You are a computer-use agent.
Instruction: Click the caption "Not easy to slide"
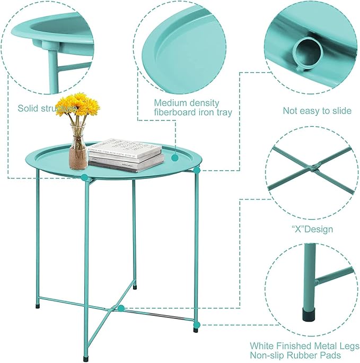317,111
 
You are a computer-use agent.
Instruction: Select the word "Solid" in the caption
29,108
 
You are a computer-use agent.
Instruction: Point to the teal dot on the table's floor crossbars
121,308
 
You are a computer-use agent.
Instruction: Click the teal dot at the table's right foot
197,323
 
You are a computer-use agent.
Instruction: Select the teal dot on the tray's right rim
197,170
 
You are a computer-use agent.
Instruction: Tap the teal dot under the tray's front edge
84,178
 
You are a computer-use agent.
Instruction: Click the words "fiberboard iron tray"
192,112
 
